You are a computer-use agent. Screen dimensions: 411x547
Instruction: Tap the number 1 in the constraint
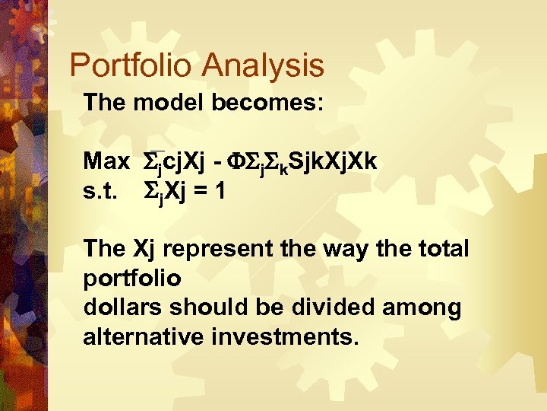click(220, 191)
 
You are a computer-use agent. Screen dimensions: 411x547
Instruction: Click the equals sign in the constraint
click(201, 192)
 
